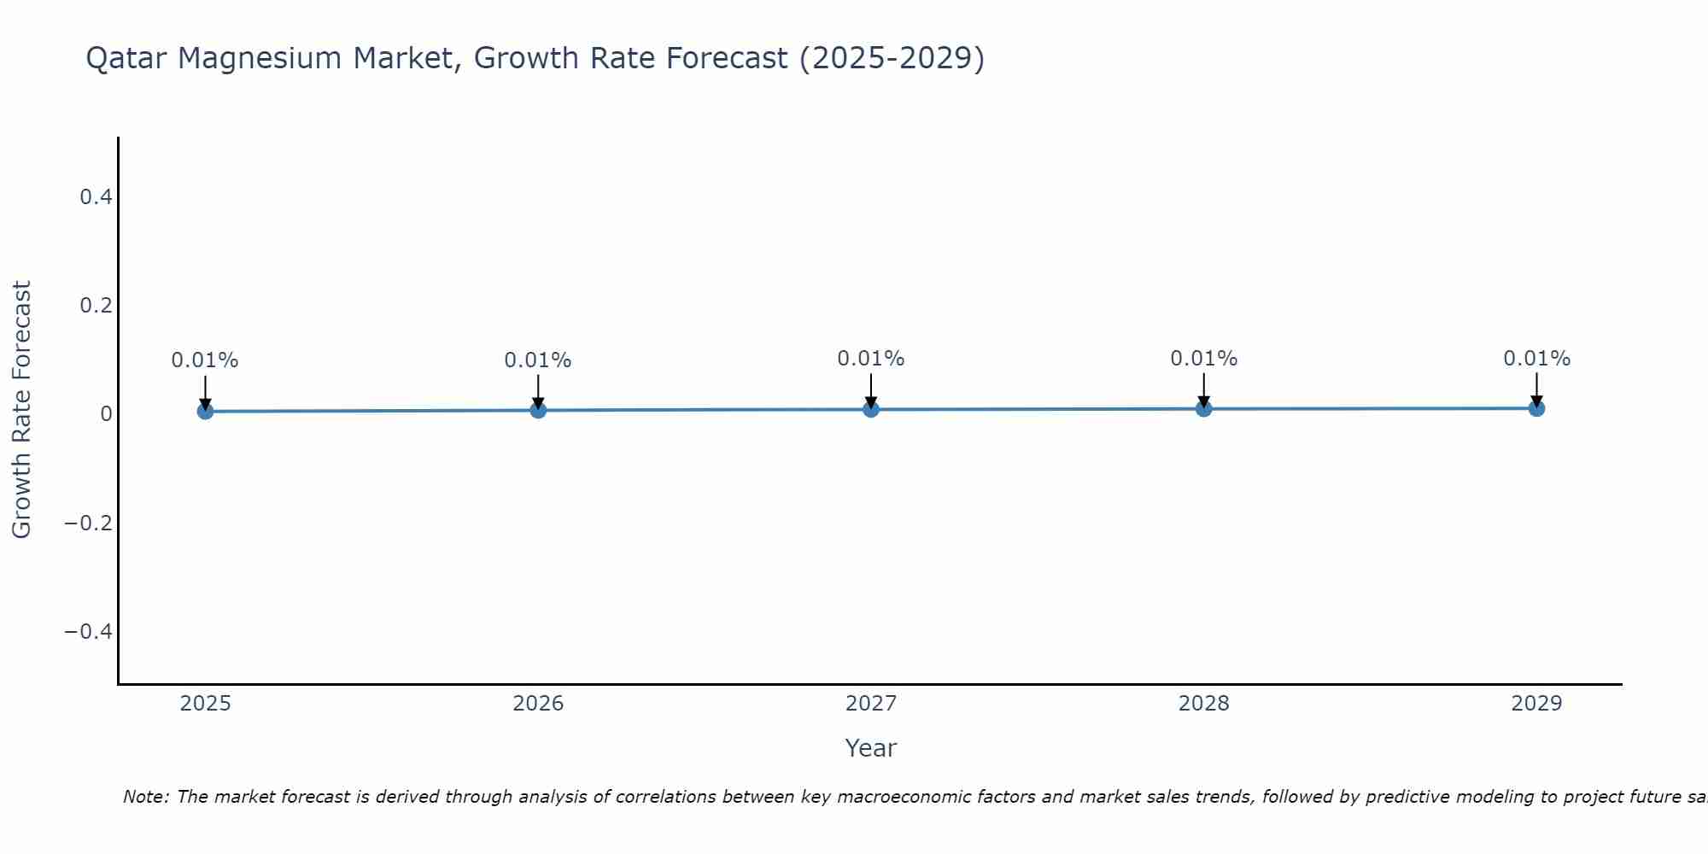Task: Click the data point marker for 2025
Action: click(x=205, y=412)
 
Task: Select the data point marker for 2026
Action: click(x=538, y=411)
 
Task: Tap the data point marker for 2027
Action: click(x=871, y=410)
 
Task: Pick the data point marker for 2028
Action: click(x=1203, y=409)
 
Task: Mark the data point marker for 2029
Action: click(x=1536, y=408)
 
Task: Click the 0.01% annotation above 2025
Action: click(x=205, y=360)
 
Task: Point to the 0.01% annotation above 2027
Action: click(x=871, y=359)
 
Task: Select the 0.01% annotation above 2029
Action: click(x=1536, y=359)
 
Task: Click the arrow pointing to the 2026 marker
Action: click(x=538, y=391)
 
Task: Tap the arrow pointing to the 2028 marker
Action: click(x=1203, y=389)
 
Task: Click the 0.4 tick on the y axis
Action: click(x=96, y=197)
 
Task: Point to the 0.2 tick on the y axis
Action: click(x=96, y=306)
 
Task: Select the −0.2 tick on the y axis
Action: click(x=89, y=523)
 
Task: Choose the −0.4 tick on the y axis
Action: click(x=89, y=631)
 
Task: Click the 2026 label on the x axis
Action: click(x=538, y=704)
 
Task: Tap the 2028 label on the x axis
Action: click(x=1203, y=704)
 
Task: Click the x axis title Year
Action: click(x=870, y=748)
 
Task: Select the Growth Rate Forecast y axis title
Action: click(x=21, y=410)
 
